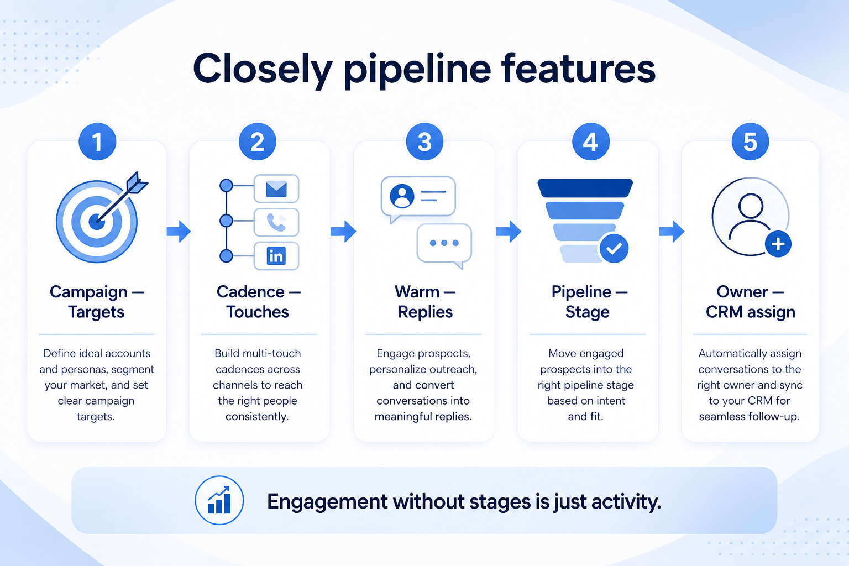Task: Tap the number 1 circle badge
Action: [97, 142]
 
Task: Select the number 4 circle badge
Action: [590, 142]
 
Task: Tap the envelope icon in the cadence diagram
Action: [276, 189]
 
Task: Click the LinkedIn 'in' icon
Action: [276, 256]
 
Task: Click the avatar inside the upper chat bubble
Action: [402, 196]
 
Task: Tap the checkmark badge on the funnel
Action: [614, 248]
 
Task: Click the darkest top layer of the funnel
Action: [585, 188]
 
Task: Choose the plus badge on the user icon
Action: [778, 244]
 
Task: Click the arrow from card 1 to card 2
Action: [179, 231]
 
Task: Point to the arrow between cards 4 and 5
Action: [672, 231]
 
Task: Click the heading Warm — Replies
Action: [425, 302]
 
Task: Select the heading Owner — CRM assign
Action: [750, 302]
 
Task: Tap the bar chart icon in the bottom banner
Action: [219, 500]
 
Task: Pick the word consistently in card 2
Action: [257, 417]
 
